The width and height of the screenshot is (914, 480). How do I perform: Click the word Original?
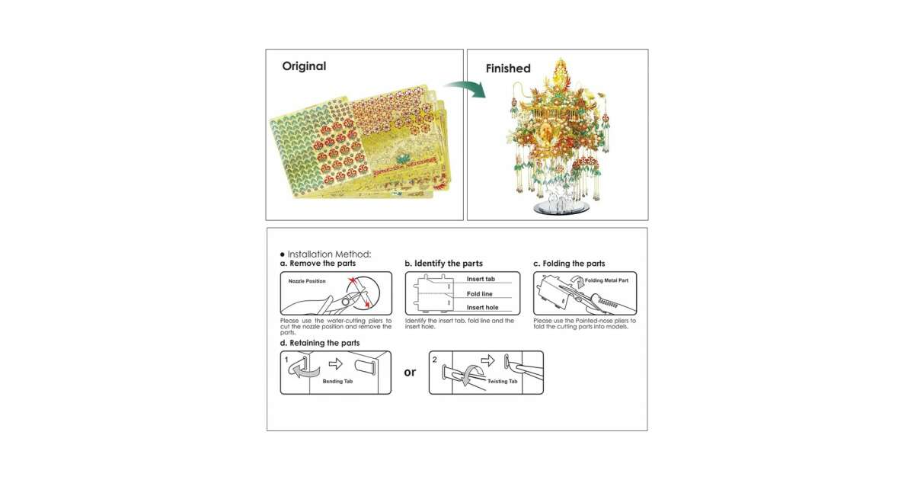[304, 66]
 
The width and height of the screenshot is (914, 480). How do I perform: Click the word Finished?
[508, 68]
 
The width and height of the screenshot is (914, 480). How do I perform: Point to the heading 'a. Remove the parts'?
[318, 264]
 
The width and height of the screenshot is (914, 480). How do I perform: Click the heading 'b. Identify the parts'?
[443, 264]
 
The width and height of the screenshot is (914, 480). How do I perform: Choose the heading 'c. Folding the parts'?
[569, 264]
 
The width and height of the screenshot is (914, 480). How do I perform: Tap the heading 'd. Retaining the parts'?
[320, 343]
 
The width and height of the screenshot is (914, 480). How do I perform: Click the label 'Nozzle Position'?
[307, 281]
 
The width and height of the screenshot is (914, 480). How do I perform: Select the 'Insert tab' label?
[481, 279]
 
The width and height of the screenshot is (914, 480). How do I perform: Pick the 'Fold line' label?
[479, 294]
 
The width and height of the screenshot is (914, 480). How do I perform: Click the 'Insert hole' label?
[483, 307]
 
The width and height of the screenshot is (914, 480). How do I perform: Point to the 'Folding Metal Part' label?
[606, 280]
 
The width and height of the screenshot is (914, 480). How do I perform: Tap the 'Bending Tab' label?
[338, 381]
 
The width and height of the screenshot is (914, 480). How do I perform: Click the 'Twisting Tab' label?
[502, 381]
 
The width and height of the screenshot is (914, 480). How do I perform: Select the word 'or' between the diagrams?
[410, 373]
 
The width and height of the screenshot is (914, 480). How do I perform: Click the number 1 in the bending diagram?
[286, 360]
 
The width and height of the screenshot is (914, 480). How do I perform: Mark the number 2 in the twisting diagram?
[435, 360]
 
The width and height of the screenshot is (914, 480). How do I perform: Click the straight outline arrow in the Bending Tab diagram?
[335, 363]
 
